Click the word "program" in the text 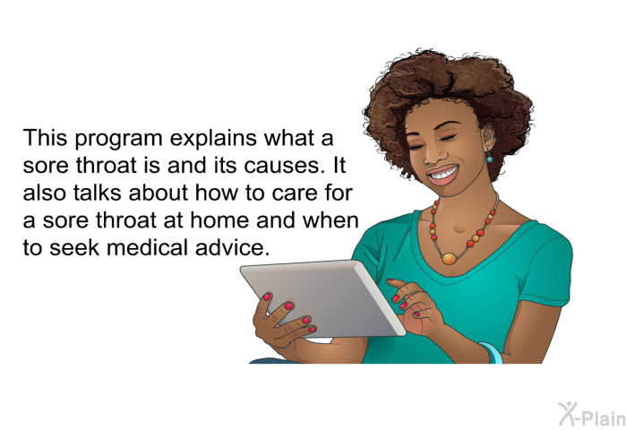tap(118, 139)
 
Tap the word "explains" tap(213, 139)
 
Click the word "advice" tap(232, 247)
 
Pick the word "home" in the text tap(219, 220)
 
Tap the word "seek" tap(74, 247)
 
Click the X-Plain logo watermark tap(592, 414)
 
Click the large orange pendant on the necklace tap(449, 258)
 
